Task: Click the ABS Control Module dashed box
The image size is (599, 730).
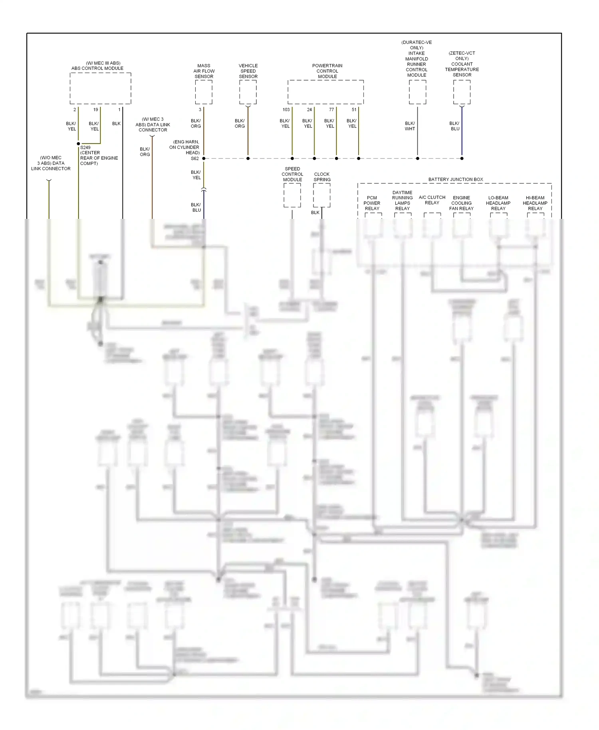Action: click(x=100, y=88)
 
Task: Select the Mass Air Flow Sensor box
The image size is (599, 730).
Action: click(x=204, y=92)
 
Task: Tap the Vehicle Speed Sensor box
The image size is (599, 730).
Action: click(x=248, y=92)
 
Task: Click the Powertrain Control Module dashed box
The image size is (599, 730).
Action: click(x=325, y=92)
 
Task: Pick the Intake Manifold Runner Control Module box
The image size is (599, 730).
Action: click(x=417, y=92)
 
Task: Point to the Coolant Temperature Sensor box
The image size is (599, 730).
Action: click(x=462, y=92)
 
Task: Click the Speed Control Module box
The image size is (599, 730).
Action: click(x=292, y=195)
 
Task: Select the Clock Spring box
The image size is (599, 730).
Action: click(x=321, y=195)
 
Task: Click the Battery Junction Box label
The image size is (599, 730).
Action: click(x=456, y=179)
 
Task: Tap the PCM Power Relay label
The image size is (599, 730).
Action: click(x=372, y=203)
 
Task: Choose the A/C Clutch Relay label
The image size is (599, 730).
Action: click(x=432, y=200)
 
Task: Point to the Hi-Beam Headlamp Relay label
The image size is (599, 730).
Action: click(x=535, y=203)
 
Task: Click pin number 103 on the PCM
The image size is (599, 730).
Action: click(x=286, y=109)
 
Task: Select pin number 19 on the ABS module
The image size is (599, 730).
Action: click(x=95, y=109)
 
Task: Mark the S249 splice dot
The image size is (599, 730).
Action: click(x=78, y=143)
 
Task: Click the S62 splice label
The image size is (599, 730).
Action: click(x=194, y=159)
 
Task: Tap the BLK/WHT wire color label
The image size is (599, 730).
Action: click(x=410, y=126)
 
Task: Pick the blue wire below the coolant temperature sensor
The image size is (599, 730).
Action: click(x=462, y=132)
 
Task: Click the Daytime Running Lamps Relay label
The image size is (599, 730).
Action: click(x=402, y=200)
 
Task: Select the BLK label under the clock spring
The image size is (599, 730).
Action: click(x=315, y=212)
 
